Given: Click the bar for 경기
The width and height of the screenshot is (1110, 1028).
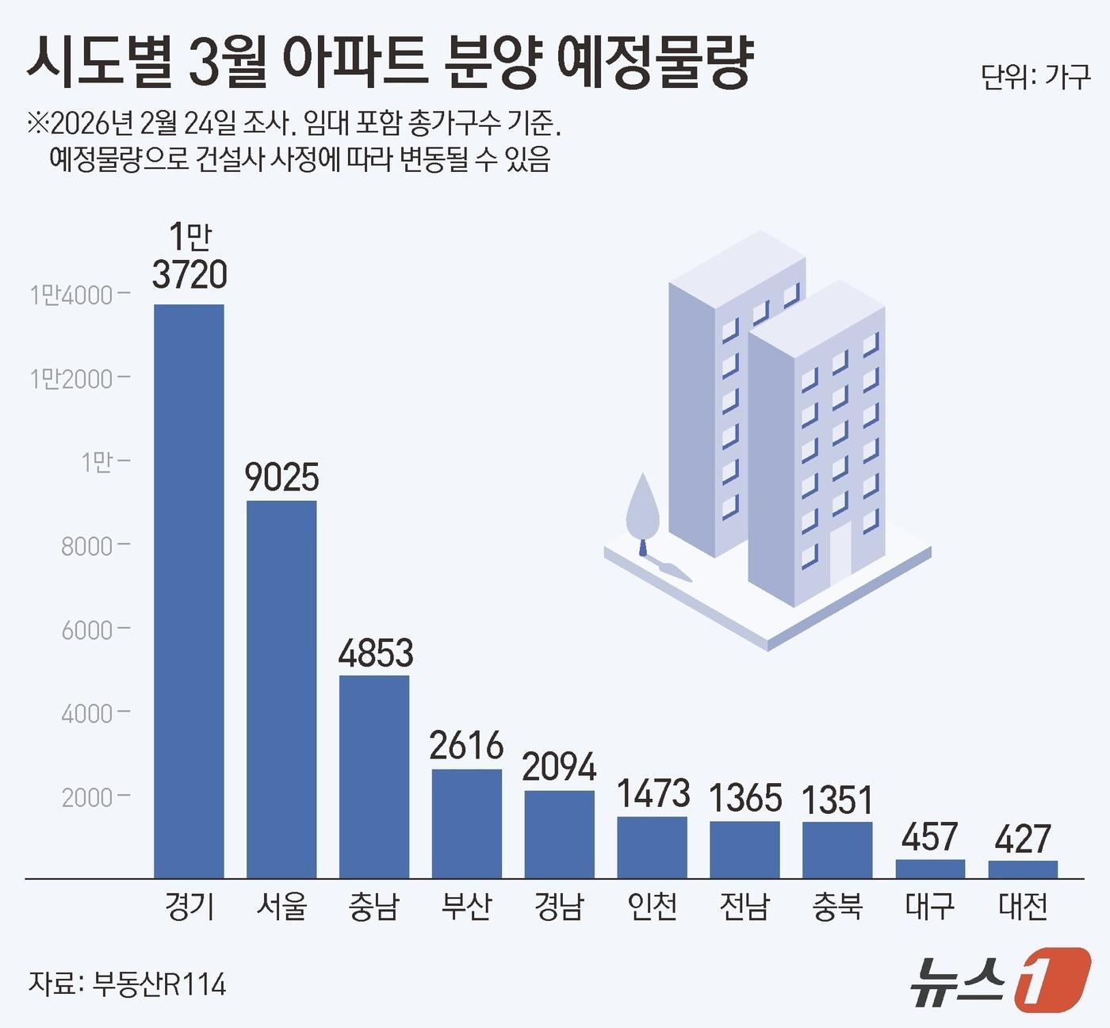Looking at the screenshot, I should (x=189, y=590).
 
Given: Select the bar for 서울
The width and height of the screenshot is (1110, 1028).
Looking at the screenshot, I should (x=281, y=689).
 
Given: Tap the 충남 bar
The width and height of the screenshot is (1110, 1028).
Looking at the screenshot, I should (x=374, y=777).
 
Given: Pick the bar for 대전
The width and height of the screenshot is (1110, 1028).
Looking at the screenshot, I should (x=1023, y=869).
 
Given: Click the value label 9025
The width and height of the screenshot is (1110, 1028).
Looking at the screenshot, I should (x=281, y=477).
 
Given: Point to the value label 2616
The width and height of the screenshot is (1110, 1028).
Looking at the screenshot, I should (x=466, y=746).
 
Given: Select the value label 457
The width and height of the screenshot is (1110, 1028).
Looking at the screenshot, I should (x=930, y=838).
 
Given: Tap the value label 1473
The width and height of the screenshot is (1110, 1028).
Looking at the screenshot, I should (x=653, y=794).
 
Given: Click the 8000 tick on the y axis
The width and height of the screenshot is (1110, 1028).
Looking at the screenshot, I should (x=86, y=545).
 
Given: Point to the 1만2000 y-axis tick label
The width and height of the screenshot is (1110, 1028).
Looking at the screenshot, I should (x=71, y=379).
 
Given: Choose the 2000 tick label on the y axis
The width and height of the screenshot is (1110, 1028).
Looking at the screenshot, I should (x=86, y=797).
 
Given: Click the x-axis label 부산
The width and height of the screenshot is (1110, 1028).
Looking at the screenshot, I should (x=466, y=906).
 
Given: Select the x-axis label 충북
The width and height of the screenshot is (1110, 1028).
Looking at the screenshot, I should (x=837, y=906).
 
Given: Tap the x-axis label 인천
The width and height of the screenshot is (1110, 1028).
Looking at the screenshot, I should (x=653, y=906).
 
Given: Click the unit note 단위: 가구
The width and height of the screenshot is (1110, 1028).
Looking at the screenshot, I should (x=1035, y=78).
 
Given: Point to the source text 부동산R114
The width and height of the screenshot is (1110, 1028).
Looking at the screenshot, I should (x=159, y=984).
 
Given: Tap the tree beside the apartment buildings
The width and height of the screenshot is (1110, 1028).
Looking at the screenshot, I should (x=642, y=508).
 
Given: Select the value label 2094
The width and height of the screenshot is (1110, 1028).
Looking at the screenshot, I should (x=559, y=767).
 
